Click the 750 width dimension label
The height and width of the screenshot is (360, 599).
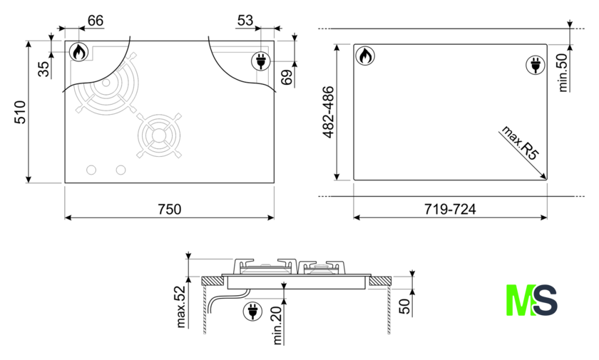169,209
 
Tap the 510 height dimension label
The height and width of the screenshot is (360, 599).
20,112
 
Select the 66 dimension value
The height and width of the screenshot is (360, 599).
95,20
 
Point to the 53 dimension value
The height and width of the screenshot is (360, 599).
245,20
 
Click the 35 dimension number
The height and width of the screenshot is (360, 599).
44,69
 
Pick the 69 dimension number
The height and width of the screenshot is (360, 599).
287,77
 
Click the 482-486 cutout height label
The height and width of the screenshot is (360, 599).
328,112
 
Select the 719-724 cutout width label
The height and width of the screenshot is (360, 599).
450,209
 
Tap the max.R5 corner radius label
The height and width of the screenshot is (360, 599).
521,143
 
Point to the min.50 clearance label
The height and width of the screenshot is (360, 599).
563,72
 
